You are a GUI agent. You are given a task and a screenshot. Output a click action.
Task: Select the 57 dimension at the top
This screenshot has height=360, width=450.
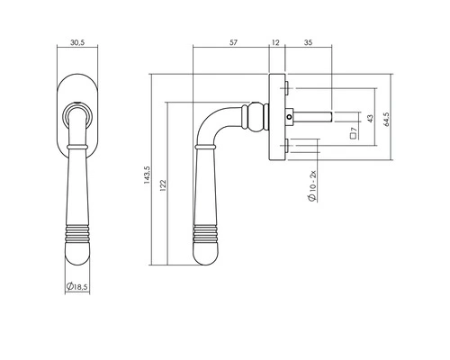coord(233,40)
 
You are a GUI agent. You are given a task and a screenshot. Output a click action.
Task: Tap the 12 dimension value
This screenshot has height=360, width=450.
coord(274,40)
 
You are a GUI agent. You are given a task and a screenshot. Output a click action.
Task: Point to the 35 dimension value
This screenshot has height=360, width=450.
coord(308,40)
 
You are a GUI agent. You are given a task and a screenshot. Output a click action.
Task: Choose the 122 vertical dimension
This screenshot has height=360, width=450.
coord(162,185)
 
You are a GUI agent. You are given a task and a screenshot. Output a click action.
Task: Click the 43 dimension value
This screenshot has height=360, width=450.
coord(371,119)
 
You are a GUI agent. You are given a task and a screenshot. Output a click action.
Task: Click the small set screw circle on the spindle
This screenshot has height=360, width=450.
coord(287,116)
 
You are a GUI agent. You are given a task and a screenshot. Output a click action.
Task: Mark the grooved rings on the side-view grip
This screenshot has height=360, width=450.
coord(204,240)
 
